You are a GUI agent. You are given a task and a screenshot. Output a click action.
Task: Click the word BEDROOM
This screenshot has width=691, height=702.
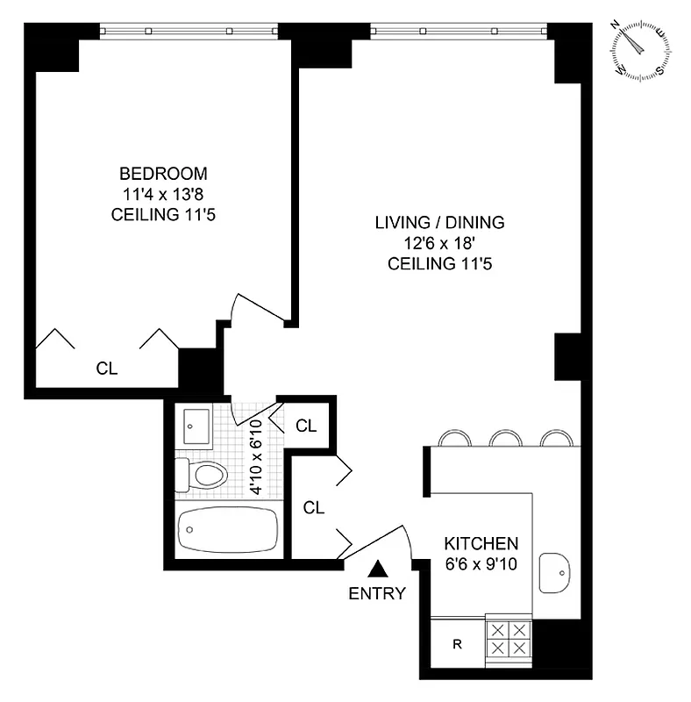pos(164,173)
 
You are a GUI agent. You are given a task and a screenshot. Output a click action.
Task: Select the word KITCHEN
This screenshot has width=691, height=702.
pos(481,543)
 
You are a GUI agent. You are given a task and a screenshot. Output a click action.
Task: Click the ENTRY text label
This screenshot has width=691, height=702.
pos(377,594)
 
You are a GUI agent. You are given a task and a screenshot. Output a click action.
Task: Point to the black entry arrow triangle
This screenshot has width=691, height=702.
pos(377,570)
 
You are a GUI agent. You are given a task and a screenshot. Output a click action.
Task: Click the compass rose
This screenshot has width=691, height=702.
pos(644,51)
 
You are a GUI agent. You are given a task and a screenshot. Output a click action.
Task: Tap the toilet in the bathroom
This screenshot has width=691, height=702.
pos(203,476)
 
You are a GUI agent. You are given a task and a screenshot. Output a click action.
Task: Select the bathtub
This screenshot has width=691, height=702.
pos(228,531)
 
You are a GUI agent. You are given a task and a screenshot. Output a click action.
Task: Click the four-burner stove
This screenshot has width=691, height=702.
pos(509,639)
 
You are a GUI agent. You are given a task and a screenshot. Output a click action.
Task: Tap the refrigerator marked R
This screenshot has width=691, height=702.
pos(457,645)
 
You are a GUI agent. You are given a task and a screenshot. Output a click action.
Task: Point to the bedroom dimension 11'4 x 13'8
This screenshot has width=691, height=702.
pos(164,194)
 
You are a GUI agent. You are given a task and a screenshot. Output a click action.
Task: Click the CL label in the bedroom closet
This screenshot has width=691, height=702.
pos(106,369)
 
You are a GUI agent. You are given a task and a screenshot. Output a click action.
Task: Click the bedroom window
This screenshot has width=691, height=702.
pos(189,31)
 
